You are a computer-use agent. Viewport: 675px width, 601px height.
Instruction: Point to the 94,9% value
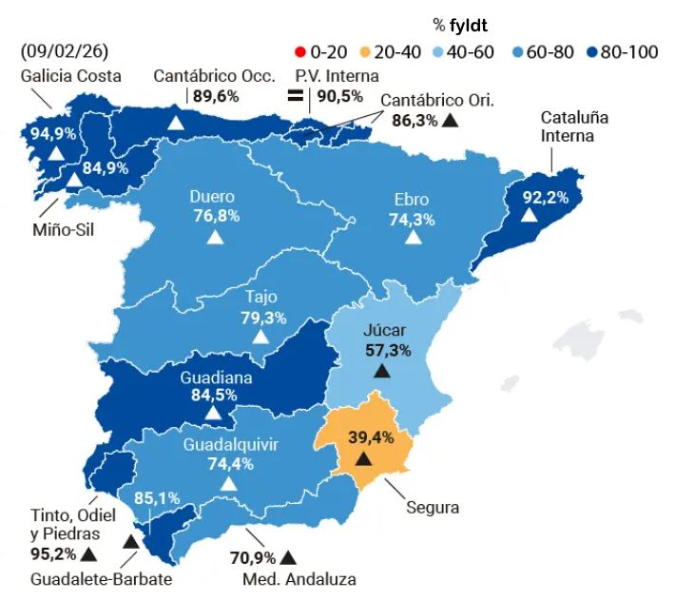pyautogui.click(x=53, y=132)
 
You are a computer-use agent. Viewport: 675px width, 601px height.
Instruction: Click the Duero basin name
pyautogui.click(x=212, y=197)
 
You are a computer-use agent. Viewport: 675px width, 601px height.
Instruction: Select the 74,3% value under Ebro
pyautogui.click(x=413, y=219)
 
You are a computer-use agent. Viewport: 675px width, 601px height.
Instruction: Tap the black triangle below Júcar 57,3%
pyautogui.click(x=382, y=370)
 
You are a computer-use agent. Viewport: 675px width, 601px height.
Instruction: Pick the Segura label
pyautogui.click(x=433, y=507)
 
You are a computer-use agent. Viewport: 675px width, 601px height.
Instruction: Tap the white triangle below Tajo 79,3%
pyautogui.click(x=260, y=337)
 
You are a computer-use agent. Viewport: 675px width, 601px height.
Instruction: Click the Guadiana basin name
pyautogui.click(x=216, y=378)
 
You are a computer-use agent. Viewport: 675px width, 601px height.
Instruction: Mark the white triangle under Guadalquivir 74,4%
pyautogui.click(x=227, y=483)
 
